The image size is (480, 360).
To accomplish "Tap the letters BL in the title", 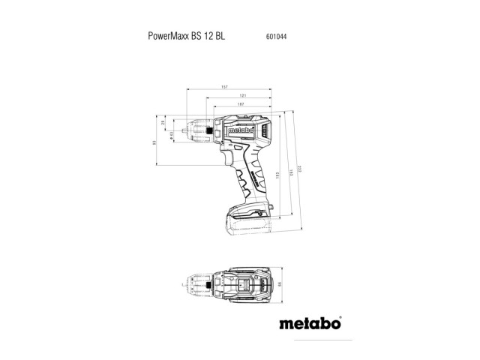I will [x=217, y=34].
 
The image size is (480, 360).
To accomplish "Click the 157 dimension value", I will [x=224, y=88].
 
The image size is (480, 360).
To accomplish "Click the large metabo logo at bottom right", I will [x=310, y=325].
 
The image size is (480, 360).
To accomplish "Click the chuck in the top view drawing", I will [x=199, y=286].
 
